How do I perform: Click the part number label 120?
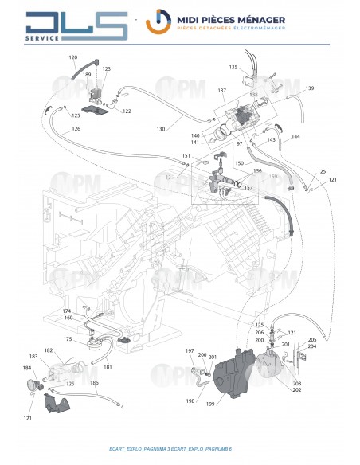pos(96,57)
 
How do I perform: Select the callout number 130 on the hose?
pos(160,129)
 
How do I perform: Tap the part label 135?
pos(233,67)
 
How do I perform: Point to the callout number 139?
pos(310,88)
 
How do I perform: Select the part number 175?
pos(68,339)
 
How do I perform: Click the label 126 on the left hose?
pos(76,129)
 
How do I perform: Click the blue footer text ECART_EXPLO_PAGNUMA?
pos(143,451)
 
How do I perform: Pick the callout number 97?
pos(216,144)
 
